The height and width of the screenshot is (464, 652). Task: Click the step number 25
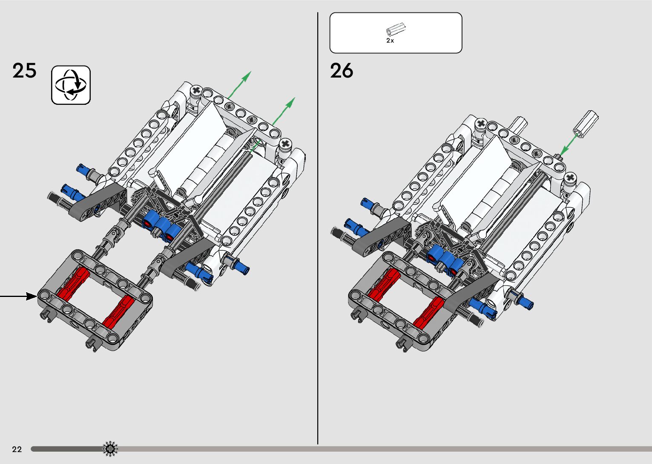click(24, 70)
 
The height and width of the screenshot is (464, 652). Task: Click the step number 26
click(342, 70)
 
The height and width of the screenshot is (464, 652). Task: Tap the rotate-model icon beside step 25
click(71, 85)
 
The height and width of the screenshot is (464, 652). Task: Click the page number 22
click(17, 449)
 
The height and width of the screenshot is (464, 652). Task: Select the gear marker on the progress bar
click(110, 449)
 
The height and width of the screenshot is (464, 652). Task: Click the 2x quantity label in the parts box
click(390, 41)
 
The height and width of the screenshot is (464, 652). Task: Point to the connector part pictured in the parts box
click(396, 29)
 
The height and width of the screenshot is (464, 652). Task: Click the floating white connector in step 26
click(586, 124)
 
